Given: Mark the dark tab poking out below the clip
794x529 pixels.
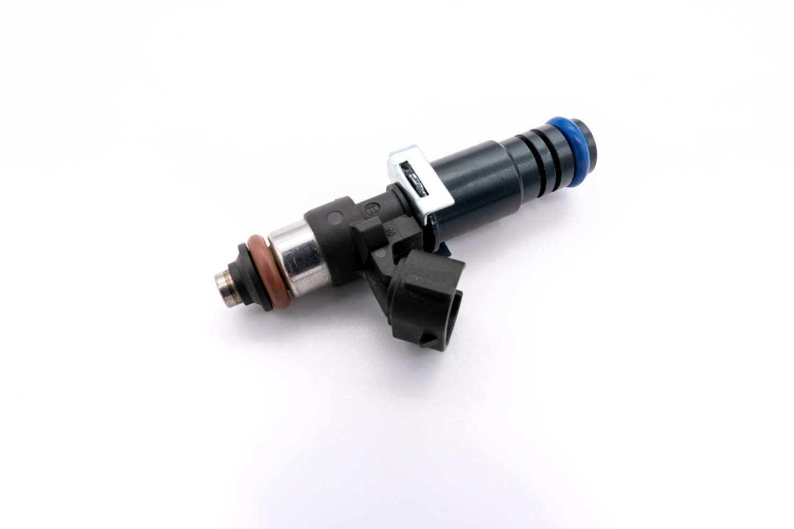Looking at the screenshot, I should pos(443,248).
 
